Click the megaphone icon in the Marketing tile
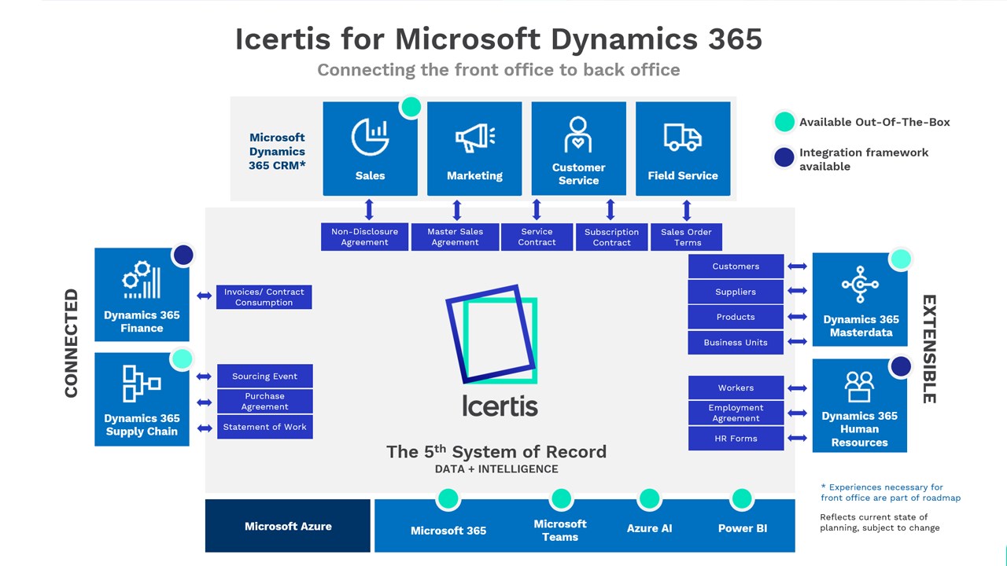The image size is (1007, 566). point(475,137)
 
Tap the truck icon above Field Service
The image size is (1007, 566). point(682,137)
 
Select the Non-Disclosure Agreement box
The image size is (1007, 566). point(364,237)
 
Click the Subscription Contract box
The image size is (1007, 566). point(611,237)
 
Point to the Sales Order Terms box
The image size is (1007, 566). point(687,237)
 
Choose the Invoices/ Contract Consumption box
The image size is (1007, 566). point(264,297)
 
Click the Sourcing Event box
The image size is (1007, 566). point(265,376)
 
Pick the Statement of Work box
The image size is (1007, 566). point(265,427)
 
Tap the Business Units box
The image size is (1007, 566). point(736,342)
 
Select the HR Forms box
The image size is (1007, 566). point(736,439)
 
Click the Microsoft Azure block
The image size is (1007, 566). point(288,526)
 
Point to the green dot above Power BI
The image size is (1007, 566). point(742,498)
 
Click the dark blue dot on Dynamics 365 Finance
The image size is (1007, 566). point(183,255)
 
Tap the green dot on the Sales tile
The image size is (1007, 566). point(411,107)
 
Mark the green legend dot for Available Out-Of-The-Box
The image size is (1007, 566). point(784,122)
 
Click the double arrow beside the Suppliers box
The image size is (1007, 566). point(798,291)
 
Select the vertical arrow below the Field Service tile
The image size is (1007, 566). point(687,210)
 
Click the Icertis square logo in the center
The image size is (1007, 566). point(492,335)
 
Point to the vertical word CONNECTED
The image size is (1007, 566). point(72,344)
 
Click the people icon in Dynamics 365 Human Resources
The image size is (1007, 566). point(860,386)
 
